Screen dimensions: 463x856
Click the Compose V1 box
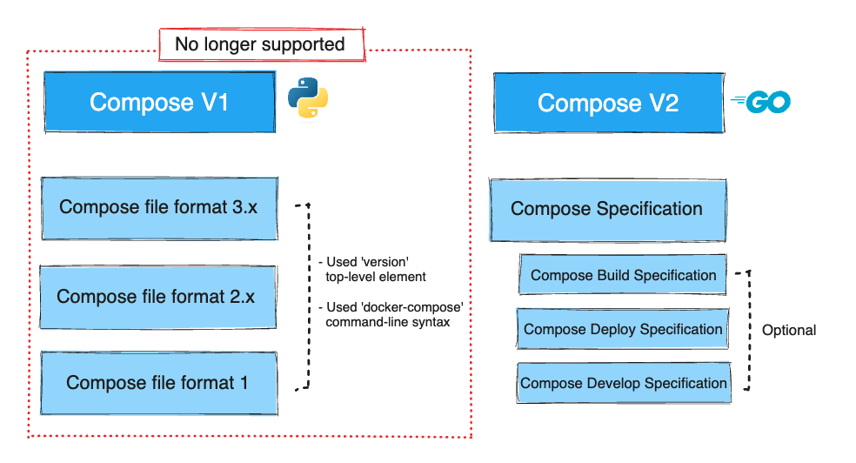click(x=159, y=102)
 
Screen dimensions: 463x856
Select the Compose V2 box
click(x=607, y=103)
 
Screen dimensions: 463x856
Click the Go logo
click(x=762, y=103)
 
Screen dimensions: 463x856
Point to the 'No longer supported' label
click(x=259, y=44)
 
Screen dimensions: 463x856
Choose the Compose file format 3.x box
click(x=159, y=208)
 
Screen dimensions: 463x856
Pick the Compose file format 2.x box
click(x=157, y=297)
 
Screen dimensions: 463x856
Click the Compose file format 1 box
click(x=157, y=383)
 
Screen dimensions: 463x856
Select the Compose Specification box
click(x=606, y=210)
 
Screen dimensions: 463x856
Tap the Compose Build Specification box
click(x=623, y=275)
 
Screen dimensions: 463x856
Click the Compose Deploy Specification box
click(x=623, y=329)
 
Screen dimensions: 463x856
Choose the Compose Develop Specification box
click(x=623, y=383)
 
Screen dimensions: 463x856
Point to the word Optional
click(x=789, y=331)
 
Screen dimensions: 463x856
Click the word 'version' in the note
click(x=386, y=262)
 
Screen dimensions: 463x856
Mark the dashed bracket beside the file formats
click(x=307, y=296)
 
